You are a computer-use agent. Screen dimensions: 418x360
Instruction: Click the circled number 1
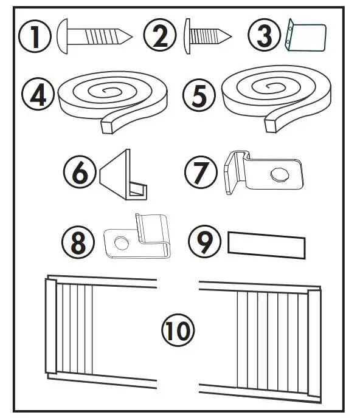36,36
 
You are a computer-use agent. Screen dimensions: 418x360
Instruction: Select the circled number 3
265,36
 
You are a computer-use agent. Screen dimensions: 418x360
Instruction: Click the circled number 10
177,332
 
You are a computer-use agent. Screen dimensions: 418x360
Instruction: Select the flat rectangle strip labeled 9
266,245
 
